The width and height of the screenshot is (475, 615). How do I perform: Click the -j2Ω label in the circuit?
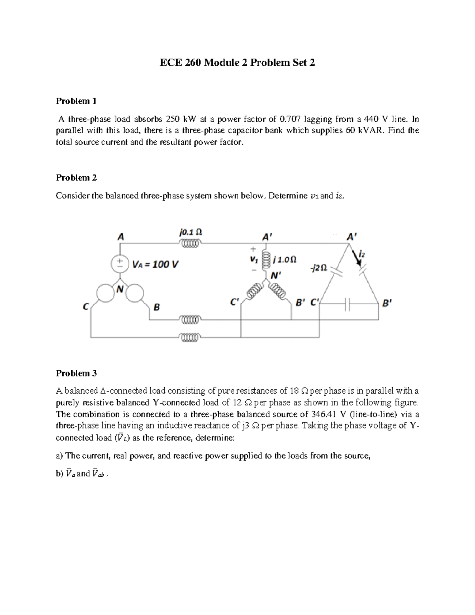319,268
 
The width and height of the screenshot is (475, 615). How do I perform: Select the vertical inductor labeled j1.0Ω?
266,261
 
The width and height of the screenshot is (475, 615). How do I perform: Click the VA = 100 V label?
155,264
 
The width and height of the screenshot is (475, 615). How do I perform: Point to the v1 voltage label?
253,260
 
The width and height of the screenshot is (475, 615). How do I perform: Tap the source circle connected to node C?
105,294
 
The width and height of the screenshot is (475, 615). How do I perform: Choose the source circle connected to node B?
134,293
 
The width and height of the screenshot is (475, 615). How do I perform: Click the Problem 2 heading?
76,178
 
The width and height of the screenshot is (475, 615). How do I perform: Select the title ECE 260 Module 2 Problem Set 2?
237,63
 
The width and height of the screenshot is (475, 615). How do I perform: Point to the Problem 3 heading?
76,373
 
